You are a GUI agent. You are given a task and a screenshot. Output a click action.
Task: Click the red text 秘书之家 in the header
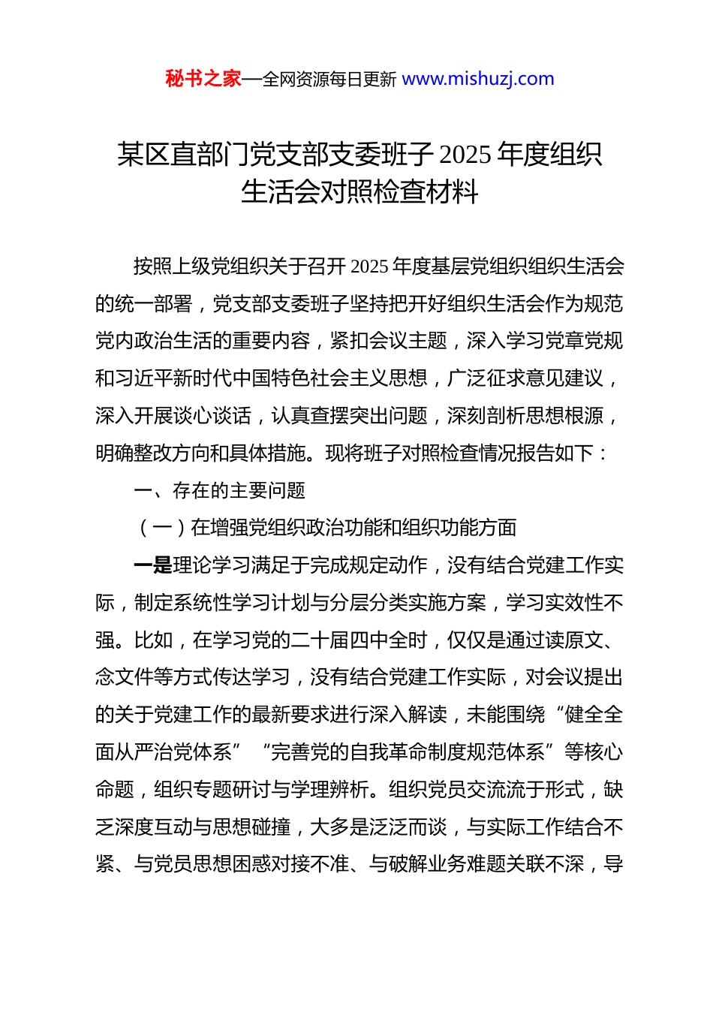[x=203, y=79]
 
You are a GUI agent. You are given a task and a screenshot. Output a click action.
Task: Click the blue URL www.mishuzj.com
[x=478, y=79]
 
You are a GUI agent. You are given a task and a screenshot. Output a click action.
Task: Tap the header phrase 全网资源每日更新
[x=329, y=79]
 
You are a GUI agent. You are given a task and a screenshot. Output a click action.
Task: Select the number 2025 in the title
[x=465, y=155]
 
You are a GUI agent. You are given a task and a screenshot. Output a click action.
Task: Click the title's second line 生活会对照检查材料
[x=360, y=192]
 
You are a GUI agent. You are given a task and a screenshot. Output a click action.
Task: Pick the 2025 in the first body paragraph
[x=369, y=267]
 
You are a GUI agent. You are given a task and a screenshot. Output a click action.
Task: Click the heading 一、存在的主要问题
[x=219, y=491]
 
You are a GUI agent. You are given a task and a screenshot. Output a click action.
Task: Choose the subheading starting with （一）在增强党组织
[x=326, y=528]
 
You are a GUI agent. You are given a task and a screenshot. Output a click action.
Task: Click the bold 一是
[x=153, y=565]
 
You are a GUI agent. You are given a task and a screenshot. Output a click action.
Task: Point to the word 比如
[x=154, y=640]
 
